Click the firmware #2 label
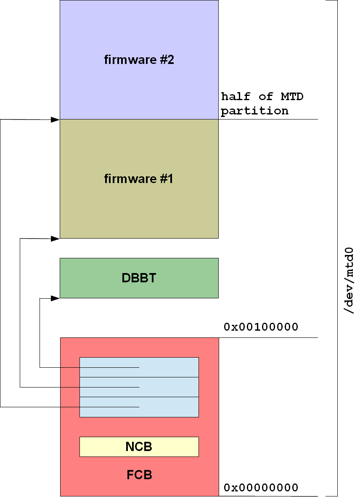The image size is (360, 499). pyautogui.click(x=139, y=60)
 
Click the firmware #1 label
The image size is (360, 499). pyautogui.click(x=139, y=179)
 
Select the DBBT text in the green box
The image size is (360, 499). pyautogui.click(x=139, y=278)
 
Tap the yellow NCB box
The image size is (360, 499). pyautogui.click(x=139, y=447)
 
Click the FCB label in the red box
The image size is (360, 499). pyautogui.click(x=139, y=475)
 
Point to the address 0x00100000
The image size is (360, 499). pyautogui.click(x=261, y=327)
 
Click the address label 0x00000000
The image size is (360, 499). pyautogui.click(x=261, y=488)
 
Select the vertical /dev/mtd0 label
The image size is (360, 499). pyautogui.click(x=349, y=280)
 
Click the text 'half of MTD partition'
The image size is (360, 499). pyautogui.click(x=262, y=104)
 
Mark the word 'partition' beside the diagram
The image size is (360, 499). pyautogui.click(x=255, y=111)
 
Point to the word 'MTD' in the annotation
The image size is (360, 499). pyautogui.click(x=291, y=96)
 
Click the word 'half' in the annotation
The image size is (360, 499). pyautogui.click(x=236, y=96)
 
